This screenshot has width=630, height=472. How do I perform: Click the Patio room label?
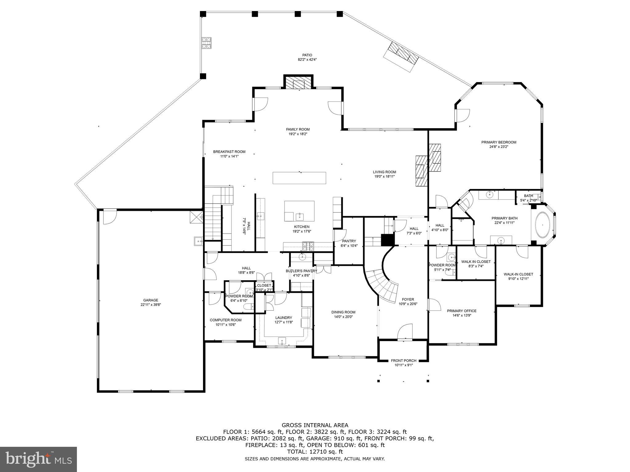pos(307,55)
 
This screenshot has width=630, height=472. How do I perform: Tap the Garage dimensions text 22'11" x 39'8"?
pos(150,305)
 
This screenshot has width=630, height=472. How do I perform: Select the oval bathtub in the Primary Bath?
pos(543,224)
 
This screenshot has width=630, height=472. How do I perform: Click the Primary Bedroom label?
pos(499,142)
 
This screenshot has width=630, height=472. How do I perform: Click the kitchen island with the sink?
pos(299,211)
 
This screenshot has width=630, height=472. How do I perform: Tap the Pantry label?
pos(349,241)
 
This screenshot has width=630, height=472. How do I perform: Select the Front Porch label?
pos(404,360)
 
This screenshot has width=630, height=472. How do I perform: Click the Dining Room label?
pos(343,312)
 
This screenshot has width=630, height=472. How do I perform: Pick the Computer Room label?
pos(225,320)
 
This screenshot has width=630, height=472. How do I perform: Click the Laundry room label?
pos(283,317)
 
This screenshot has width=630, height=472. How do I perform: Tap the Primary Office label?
pos(461,311)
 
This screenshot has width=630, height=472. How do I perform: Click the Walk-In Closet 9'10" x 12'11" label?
pos(518,274)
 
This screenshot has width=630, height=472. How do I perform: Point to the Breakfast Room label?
pos(229,151)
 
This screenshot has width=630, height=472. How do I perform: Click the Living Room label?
pos(384,172)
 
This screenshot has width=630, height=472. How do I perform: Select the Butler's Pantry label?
pos(301,271)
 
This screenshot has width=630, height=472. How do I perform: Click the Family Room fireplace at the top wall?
pos(298,83)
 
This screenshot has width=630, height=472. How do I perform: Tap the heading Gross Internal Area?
pos(315,425)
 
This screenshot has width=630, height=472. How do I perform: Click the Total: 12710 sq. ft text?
pos(315,452)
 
